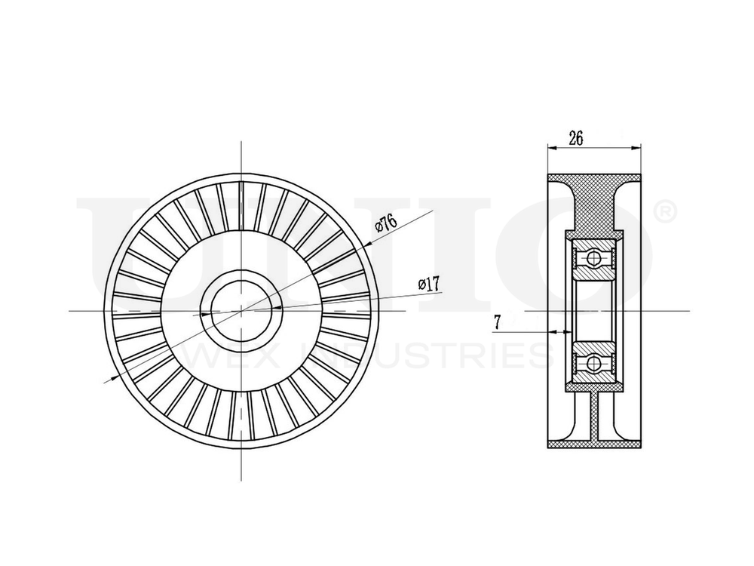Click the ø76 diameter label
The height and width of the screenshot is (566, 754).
point(386,223)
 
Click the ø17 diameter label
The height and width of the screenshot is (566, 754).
point(429,284)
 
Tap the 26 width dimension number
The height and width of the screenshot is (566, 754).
point(576,138)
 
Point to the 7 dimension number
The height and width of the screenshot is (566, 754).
point(497,322)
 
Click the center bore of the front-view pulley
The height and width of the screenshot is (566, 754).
point(241,310)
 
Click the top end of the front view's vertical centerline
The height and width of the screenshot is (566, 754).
point(241,141)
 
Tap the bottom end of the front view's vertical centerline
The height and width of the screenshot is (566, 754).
point(241,480)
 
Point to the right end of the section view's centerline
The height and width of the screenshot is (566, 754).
point(688,310)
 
